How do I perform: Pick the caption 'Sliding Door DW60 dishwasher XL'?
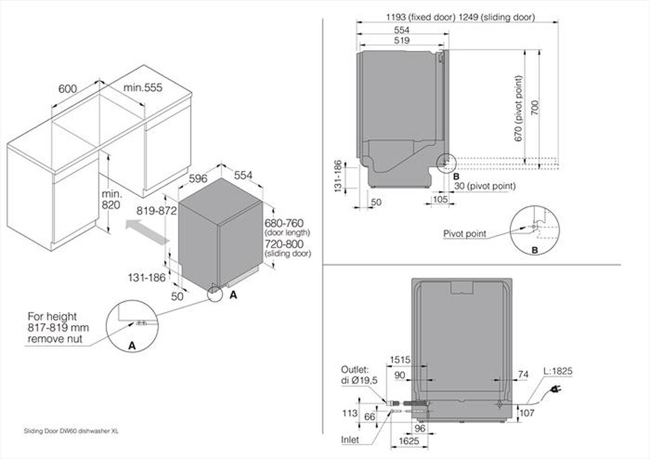71,430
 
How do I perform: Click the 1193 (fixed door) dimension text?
417,18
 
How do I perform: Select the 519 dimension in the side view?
401,40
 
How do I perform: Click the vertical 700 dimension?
534,107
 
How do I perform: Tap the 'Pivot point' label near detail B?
465,233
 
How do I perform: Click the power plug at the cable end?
556,389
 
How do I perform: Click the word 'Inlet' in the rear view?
350,440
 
